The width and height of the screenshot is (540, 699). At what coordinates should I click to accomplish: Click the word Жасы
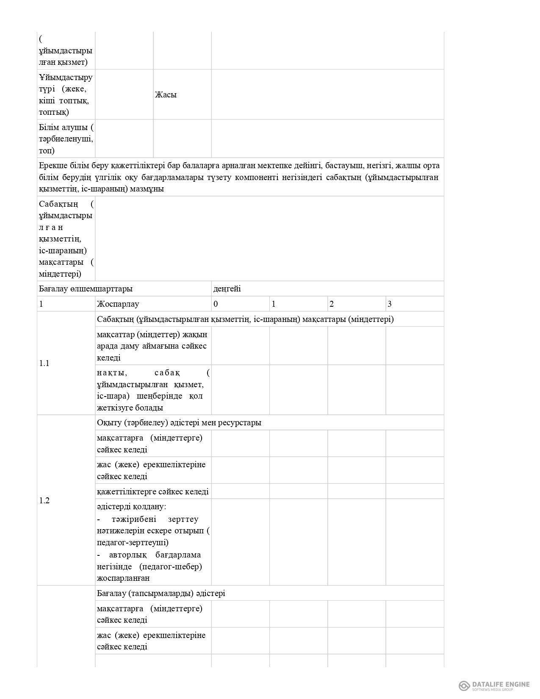[166, 94]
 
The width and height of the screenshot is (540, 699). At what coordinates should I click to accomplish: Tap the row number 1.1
[44, 363]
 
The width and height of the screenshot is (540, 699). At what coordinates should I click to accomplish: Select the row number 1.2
[44, 500]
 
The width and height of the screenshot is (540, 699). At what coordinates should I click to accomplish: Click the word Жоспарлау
[118, 304]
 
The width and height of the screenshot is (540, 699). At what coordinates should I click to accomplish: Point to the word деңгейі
[227, 288]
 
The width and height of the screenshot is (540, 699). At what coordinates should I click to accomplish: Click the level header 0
[216, 304]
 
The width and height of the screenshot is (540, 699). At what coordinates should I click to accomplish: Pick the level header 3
[390, 304]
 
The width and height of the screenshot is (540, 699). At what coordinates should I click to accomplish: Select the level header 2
[332, 304]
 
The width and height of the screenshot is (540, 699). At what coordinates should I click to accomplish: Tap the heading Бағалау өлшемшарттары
[86, 288]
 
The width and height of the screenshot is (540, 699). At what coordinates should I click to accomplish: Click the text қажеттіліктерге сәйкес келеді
[152, 491]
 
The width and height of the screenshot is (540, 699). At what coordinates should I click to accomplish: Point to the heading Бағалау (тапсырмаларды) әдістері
[161, 593]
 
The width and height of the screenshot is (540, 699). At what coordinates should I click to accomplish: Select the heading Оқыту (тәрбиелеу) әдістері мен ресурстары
[179, 422]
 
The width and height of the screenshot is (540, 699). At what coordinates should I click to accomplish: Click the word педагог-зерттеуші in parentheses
[133, 542]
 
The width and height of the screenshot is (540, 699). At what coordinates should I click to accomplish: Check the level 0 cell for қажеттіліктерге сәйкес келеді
[240, 491]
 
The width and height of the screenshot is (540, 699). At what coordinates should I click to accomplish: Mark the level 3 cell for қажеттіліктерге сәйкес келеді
[414, 491]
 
